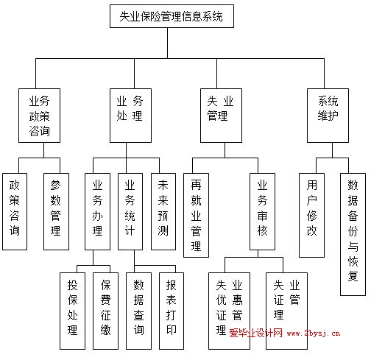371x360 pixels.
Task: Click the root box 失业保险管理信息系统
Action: point(172,16)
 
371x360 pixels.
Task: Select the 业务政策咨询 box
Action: point(39,116)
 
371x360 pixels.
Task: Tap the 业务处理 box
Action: point(130,116)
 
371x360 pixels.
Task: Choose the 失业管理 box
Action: point(221,116)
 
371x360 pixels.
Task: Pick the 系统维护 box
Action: point(328,116)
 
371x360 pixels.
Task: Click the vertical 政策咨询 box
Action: point(15,212)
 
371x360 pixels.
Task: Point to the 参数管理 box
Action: point(56,212)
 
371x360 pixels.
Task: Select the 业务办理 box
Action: point(97,212)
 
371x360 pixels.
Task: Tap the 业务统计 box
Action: point(130,212)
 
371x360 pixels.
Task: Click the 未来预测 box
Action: point(163,212)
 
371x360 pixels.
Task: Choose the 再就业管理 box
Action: point(197,216)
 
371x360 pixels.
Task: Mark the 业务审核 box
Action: point(262,212)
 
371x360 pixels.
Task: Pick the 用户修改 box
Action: point(312,216)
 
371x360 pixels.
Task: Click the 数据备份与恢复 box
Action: point(353,235)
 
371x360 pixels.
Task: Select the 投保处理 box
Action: point(73,311)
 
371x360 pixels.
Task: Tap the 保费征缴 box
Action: point(105,311)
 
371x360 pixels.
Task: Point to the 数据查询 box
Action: point(138,311)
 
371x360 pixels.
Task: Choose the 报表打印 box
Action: point(172,311)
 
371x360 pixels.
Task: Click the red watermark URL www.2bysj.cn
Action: point(314,333)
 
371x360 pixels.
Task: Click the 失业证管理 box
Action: point(286,311)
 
